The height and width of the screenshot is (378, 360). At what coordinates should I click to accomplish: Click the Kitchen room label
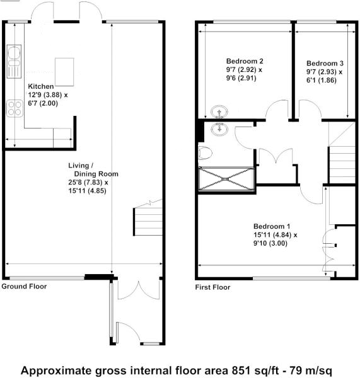tap(41, 86)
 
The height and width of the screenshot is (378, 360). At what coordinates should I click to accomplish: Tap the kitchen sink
tap(14, 62)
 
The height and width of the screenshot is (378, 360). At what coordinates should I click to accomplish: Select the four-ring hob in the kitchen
tap(15, 108)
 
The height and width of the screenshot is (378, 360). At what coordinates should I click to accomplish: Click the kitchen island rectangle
tap(64, 72)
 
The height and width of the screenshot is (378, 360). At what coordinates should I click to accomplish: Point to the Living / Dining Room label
tap(93, 169)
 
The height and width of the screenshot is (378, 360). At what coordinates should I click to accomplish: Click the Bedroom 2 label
tap(245, 61)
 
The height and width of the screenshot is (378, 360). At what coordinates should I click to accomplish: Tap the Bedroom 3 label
tap(325, 63)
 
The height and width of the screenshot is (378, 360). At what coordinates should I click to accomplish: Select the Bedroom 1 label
tap(272, 226)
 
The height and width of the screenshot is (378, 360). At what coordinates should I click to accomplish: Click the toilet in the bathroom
tap(205, 153)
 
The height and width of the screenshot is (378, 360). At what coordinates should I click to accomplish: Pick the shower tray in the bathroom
tap(226, 179)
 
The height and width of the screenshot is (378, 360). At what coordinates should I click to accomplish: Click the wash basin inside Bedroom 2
tap(219, 112)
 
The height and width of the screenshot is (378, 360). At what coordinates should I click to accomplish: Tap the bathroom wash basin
tap(219, 129)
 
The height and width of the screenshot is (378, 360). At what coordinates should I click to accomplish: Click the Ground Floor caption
tap(24, 286)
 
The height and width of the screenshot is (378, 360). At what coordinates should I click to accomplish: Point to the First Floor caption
tap(212, 287)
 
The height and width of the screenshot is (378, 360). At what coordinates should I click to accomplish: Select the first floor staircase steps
tap(342, 165)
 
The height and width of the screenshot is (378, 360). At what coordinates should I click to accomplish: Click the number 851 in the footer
tap(240, 370)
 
